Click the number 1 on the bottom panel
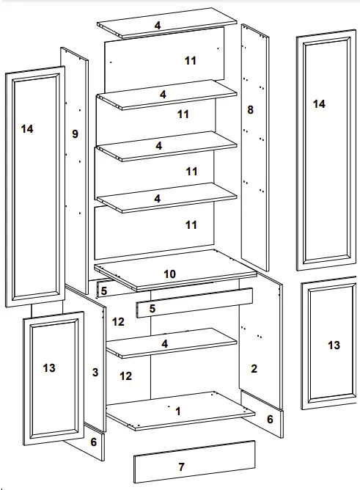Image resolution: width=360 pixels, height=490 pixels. (x=177, y=412)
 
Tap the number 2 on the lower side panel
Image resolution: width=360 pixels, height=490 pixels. (x=254, y=368)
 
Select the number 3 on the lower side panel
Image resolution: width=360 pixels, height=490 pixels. (x=95, y=373)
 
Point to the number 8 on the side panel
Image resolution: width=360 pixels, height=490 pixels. (x=250, y=110)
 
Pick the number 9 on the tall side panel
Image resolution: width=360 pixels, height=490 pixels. (x=74, y=134)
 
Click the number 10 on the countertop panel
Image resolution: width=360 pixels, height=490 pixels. (x=169, y=274)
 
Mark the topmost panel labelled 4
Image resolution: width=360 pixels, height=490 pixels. (x=158, y=26)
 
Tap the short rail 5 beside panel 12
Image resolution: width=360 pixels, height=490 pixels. (x=103, y=291)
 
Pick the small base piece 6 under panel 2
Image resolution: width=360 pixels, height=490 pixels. (x=269, y=419)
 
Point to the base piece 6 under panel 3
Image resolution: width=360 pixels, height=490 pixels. (x=93, y=442)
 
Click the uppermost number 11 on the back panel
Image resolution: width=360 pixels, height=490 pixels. (x=191, y=61)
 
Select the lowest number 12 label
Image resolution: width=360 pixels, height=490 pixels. (x=126, y=376)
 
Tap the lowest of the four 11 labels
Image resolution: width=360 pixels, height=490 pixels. (x=191, y=225)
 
